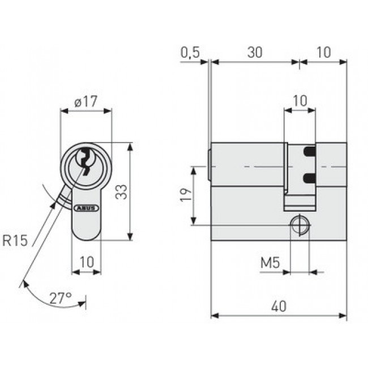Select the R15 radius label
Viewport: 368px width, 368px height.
point(15,241)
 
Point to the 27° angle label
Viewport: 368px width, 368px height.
point(61,297)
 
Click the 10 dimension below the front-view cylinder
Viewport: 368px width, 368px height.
point(86,262)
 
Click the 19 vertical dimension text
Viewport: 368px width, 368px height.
point(185,196)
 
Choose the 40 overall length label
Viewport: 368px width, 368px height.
point(278,306)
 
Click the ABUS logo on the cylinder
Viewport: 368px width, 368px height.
point(86,207)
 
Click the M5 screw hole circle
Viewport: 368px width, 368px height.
point(299,225)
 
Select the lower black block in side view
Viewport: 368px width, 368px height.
point(309,178)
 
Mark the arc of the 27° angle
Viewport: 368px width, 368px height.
point(42,294)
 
